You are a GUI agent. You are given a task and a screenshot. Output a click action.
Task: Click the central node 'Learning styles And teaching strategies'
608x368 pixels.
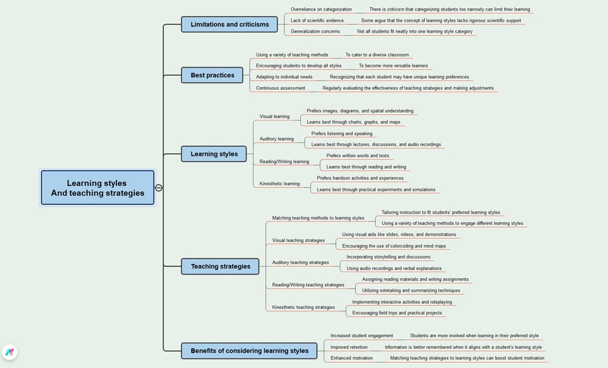pos(97,188)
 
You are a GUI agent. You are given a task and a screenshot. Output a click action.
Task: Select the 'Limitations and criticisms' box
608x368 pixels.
pos(229,24)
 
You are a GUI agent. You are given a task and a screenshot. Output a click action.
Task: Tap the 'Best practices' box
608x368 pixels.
pos(212,75)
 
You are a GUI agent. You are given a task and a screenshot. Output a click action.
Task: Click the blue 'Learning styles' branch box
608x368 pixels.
pos(214,154)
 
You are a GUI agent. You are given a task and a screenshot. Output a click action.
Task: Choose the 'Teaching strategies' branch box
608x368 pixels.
pos(220,267)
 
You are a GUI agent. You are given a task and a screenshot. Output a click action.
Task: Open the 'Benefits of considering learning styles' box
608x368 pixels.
pos(249,351)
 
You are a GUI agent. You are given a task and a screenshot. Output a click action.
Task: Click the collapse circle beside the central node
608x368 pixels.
pos(159,188)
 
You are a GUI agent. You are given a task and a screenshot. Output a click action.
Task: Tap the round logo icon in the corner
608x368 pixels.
pos(9,352)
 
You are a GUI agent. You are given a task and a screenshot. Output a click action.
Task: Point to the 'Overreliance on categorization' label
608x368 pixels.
pos(321,9)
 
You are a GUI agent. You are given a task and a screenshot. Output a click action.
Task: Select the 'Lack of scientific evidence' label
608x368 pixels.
pos(317,20)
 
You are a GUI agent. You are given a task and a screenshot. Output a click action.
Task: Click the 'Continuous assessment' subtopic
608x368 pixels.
pos(280,88)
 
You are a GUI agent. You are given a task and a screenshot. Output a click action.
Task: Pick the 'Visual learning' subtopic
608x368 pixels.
pos(274,116)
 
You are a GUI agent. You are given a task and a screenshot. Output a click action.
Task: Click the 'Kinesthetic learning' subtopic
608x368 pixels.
pos(279,184)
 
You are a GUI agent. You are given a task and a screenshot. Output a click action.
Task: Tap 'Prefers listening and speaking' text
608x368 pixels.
pos(342,133)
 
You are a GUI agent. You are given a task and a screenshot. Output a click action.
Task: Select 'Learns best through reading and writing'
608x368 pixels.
pos(366,167)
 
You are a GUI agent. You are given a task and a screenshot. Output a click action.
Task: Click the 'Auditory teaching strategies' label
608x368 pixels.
pos(301,263)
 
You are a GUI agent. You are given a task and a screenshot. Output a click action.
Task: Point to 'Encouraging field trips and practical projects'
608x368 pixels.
pos(397,313)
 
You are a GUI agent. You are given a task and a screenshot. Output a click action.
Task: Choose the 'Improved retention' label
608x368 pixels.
pos(349,347)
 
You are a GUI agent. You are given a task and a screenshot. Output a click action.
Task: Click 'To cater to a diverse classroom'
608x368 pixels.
pos(377,55)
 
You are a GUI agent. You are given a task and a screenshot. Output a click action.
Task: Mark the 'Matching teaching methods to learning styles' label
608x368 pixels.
pos(318,218)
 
